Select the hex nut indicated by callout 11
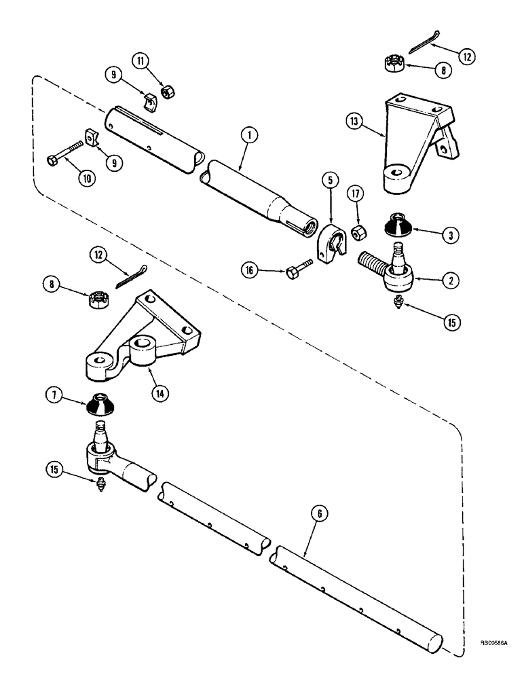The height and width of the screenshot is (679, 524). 165,90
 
